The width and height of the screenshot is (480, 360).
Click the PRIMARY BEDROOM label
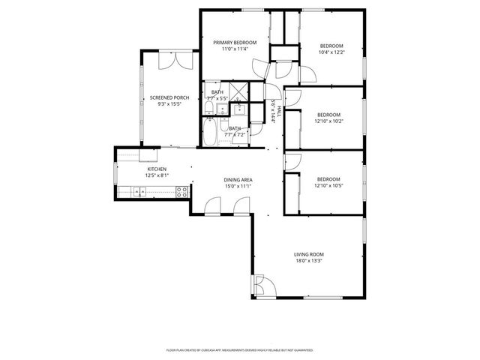point(235,43)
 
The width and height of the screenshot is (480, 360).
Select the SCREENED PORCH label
point(169,97)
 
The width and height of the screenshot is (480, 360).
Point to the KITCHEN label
point(156,169)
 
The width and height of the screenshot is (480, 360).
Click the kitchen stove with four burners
point(181,193)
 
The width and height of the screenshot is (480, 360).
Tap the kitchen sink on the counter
point(140,193)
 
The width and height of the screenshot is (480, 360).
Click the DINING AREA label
point(238,180)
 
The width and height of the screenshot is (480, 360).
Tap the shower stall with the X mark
point(239,93)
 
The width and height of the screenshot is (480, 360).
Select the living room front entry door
point(262,286)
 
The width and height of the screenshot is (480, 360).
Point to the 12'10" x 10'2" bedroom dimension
point(328,121)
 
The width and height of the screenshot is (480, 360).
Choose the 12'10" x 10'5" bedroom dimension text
point(328,185)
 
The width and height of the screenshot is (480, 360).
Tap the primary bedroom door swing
point(259,69)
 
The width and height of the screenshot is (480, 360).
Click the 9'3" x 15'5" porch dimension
point(169,104)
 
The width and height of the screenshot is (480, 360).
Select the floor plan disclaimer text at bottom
point(239,349)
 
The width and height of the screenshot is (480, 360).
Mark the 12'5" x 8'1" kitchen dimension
point(156,175)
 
